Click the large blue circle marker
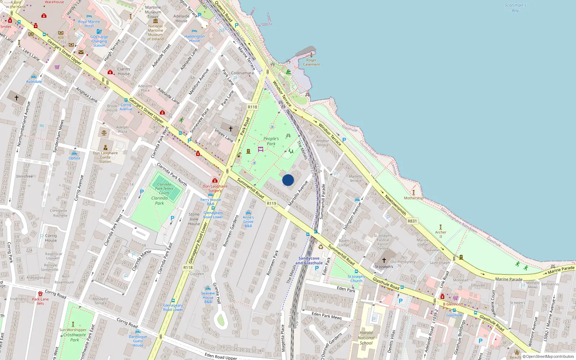pos(288,180)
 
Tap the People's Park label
pos(271,141)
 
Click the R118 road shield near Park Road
pos(252,107)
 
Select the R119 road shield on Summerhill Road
pos(271,203)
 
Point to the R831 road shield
pos(412,221)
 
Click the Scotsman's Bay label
pos(515,8)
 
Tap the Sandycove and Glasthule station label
pos(309,261)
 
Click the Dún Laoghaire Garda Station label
pos(105,157)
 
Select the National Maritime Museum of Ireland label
pos(156,32)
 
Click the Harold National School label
pos(366,338)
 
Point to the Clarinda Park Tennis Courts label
pos(164,189)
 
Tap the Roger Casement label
pos(311,62)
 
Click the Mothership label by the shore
pos(414,198)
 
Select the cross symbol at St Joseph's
pos(384,260)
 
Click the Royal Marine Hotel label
pos(89,24)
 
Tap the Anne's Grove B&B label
pos(248,221)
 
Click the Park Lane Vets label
pos(40,301)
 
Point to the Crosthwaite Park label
pos(75,337)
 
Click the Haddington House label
pos(194,39)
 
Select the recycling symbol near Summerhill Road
pos(321,247)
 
